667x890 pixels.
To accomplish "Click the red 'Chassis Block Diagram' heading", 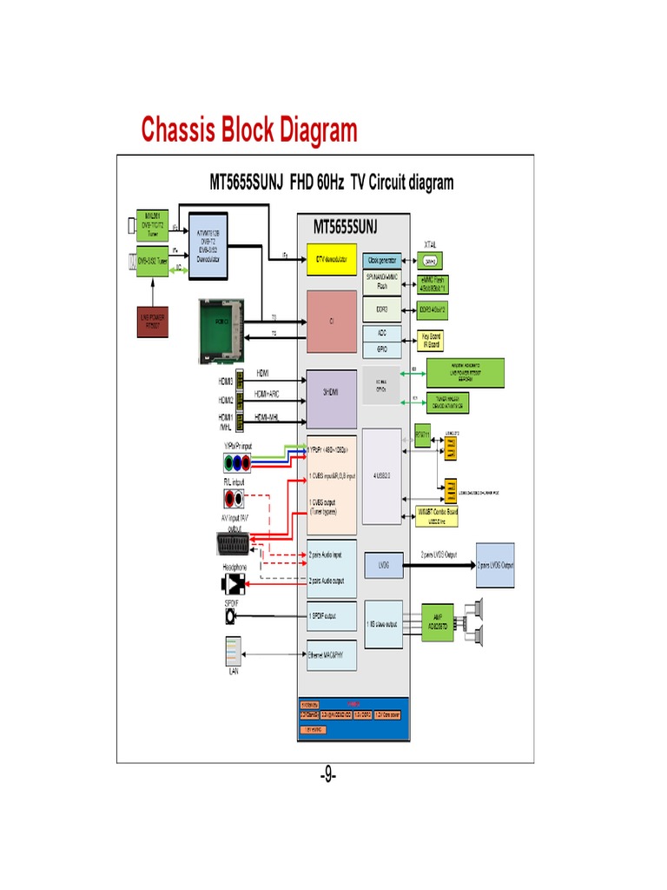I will click(x=249, y=130).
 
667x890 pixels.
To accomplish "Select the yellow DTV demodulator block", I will click(x=331, y=259).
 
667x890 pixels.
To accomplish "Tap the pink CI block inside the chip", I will click(x=331, y=321).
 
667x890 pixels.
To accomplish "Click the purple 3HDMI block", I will click(x=331, y=399).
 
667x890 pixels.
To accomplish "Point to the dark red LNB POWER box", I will click(x=152, y=321).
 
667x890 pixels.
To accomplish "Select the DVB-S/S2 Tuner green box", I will click(x=148, y=260).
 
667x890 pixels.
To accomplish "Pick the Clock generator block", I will click(x=382, y=259).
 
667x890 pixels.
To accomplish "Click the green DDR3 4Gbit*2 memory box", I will click(x=433, y=309).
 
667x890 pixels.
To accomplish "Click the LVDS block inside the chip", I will click(x=382, y=564).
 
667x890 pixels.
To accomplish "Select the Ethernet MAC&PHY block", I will click(x=331, y=655).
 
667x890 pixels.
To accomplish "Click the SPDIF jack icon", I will click(x=231, y=615).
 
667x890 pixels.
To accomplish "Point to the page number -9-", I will click(x=327, y=774).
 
